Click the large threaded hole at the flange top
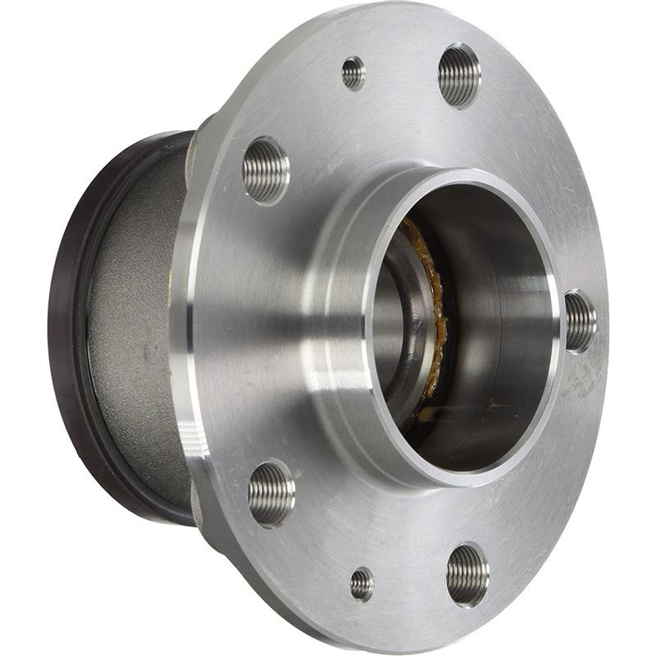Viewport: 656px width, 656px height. click(458, 75)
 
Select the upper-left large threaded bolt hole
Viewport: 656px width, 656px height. click(266, 170)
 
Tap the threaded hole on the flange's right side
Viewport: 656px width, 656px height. click(581, 321)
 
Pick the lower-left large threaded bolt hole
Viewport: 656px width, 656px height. click(271, 493)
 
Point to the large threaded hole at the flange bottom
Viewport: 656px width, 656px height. click(467, 574)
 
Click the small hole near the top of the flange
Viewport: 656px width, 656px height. click(353, 72)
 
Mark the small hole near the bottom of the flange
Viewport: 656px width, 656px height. click(362, 584)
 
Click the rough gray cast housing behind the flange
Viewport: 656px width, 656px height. click(131, 328)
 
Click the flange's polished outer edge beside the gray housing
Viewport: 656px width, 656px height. click(187, 328)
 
